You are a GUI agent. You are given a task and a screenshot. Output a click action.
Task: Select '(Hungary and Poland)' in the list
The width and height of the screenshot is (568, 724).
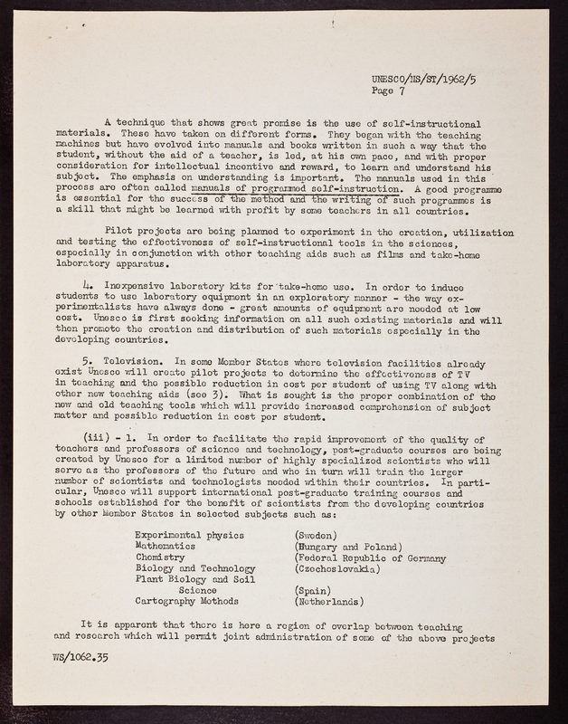click(341, 547)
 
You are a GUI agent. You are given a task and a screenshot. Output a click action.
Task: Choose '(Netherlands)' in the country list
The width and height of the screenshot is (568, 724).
click(323, 600)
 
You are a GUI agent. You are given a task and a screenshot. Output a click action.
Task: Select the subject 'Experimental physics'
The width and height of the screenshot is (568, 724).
click(188, 535)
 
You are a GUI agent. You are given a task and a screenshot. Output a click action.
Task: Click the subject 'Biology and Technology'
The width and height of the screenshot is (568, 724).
click(194, 568)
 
